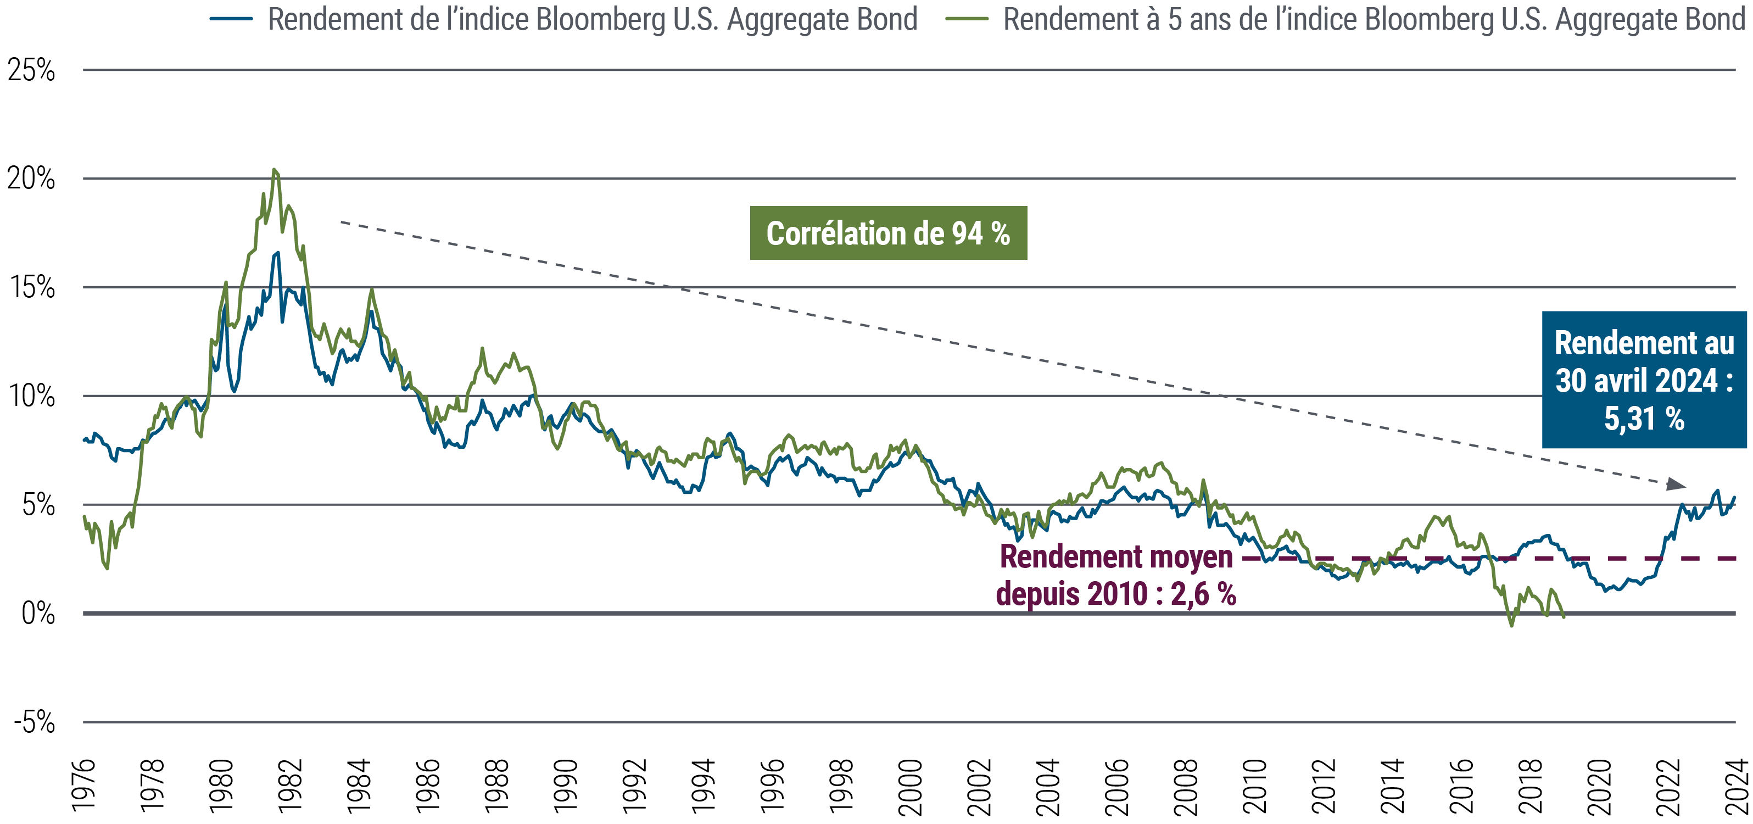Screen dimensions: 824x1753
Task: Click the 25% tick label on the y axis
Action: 31,70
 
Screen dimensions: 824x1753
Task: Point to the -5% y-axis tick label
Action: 34,722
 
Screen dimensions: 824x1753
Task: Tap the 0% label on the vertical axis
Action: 38,613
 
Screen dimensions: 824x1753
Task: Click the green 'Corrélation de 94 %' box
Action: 888,233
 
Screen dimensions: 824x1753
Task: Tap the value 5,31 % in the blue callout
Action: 1644,419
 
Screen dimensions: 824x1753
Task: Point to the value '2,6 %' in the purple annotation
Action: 1203,594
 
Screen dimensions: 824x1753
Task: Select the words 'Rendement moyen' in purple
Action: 1116,556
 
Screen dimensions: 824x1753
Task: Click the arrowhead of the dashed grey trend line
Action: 1677,485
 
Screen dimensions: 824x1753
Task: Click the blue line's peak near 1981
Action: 277,253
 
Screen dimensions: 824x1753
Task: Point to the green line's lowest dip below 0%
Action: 1512,625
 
